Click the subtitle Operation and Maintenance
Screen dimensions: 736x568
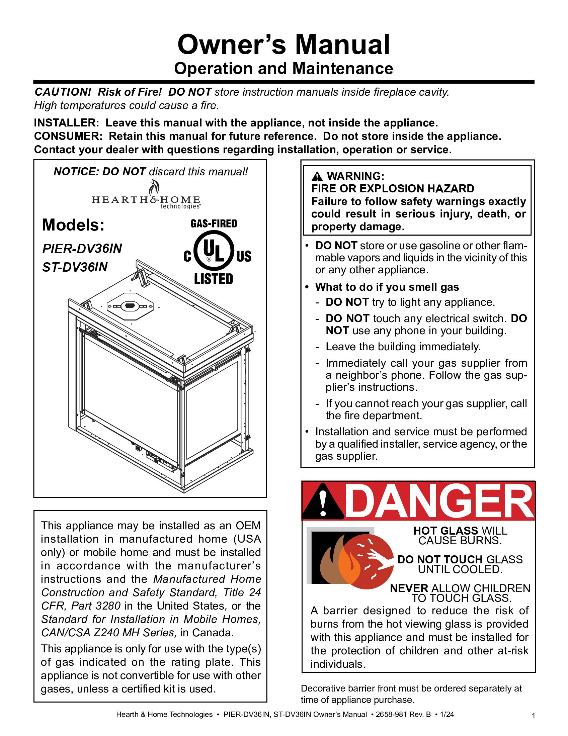tap(283, 68)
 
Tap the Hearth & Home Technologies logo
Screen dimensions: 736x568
tap(146, 197)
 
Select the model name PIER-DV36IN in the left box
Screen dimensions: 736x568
tap(82, 249)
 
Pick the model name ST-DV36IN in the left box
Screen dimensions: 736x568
tap(75, 267)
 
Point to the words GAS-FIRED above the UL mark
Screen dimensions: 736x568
tap(214, 223)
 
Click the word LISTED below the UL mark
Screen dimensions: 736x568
tap(214, 279)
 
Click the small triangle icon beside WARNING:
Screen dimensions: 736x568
tap(317, 176)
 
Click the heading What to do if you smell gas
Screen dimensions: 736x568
tap(387, 287)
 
